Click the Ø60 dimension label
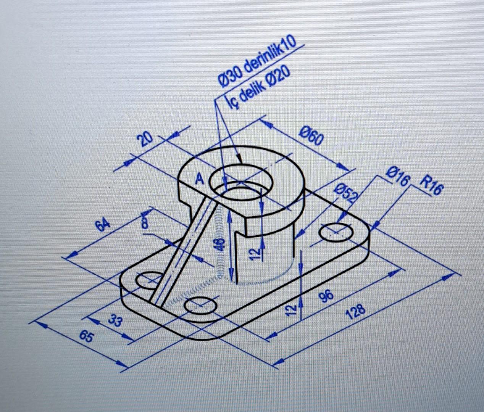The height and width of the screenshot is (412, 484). tap(311, 136)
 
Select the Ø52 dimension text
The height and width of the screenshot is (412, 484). tap(346, 193)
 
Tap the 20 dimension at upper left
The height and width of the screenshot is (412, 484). tap(146, 140)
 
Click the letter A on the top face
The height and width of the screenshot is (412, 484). tap(199, 178)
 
